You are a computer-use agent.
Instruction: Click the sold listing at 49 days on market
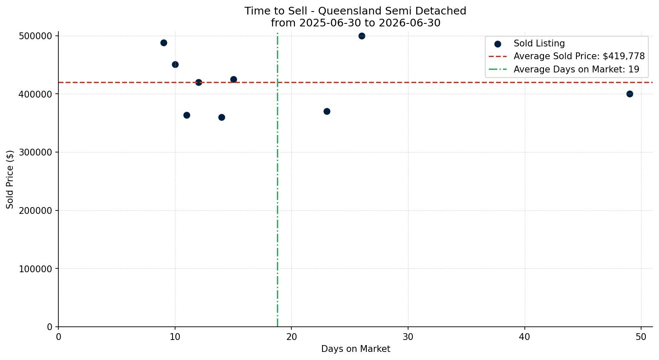coord(630,94)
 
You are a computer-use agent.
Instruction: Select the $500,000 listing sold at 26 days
coord(362,36)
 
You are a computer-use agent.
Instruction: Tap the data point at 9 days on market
coord(164,43)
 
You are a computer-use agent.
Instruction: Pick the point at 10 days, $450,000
coord(176,65)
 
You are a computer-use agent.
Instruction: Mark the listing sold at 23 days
coord(327,112)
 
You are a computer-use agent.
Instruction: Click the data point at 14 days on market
coord(222,117)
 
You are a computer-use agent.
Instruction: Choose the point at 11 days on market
coord(187,115)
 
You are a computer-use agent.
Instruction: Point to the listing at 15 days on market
coord(233,79)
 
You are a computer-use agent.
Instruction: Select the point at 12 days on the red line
coord(199,82)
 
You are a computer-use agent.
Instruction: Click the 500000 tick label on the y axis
coord(35,36)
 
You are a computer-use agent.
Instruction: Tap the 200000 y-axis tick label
coord(35,211)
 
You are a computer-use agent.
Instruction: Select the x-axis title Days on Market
coord(356,349)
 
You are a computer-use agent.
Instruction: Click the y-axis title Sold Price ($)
coord(10,179)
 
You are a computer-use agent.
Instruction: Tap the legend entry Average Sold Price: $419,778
coord(579,56)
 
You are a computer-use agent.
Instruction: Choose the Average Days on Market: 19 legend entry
coord(576,69)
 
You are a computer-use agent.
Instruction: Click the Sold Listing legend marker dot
coord(498,44)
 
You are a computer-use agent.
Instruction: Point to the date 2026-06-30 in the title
coord(409,23)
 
